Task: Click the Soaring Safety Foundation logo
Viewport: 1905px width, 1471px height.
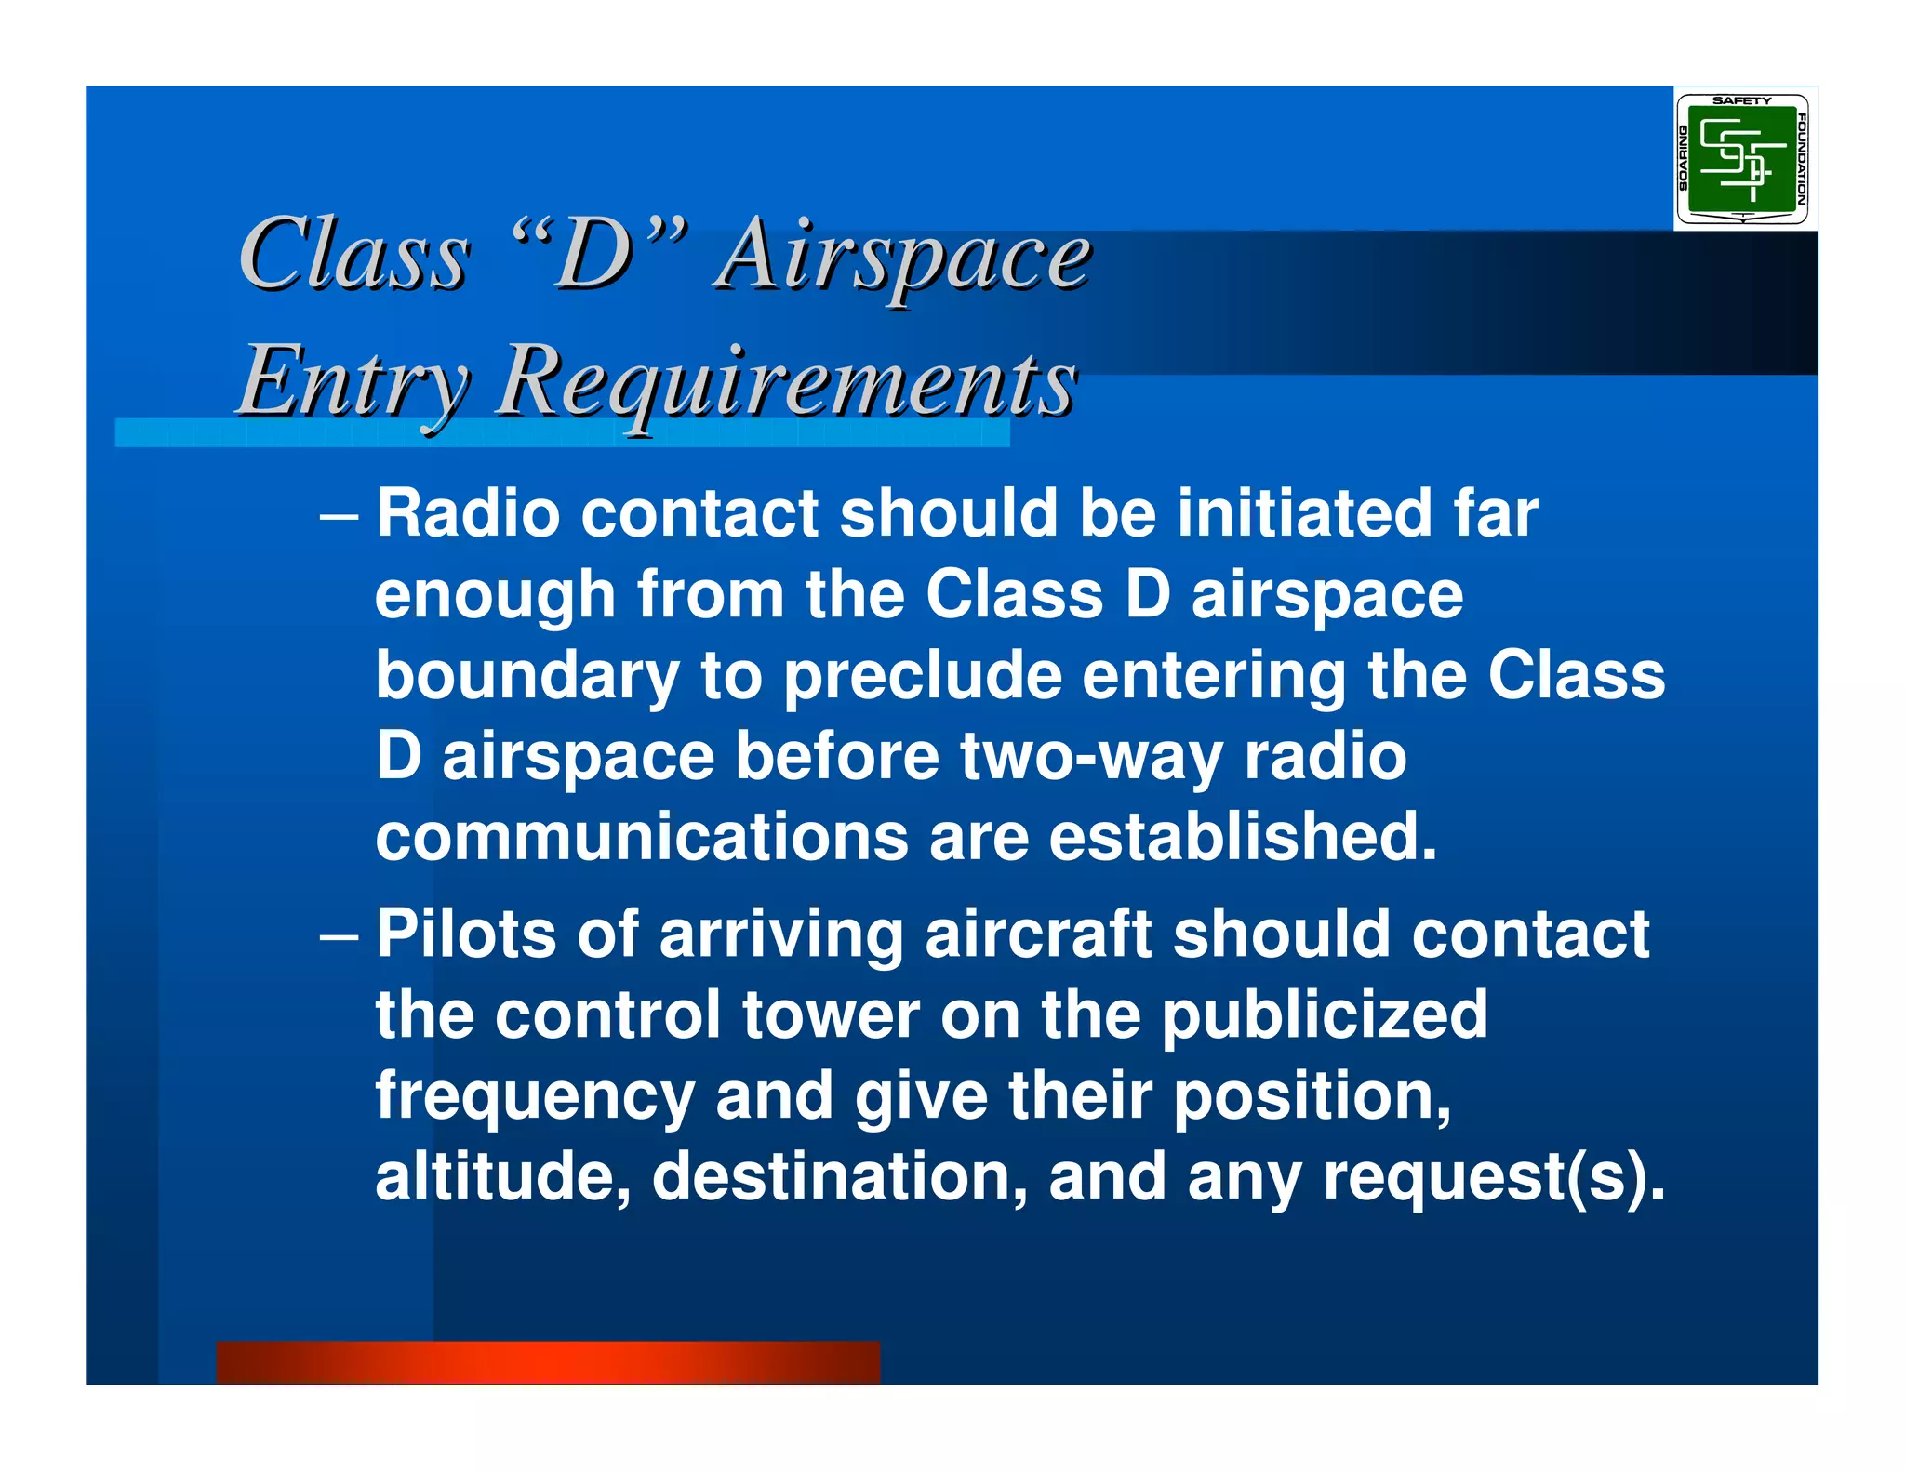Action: (x=1743, y=159)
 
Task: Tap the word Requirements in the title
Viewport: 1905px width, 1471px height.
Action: (x=786, y=381)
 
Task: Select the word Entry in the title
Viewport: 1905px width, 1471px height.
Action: (x=353, y=381)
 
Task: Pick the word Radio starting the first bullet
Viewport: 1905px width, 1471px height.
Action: (x=468, y=513)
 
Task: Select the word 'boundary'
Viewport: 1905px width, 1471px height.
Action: (x=526, y=677)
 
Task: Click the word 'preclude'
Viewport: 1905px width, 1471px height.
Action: (x=922, y=677)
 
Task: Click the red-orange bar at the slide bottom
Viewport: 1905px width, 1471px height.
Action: (x=547, y=1362)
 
